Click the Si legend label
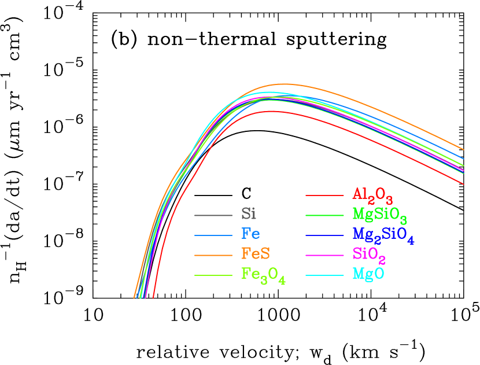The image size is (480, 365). pyautogui.click(x=249, y=214)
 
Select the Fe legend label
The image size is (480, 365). pyautogui.click(x=250, y=234)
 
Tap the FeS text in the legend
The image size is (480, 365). pyautogui.click(x=256, y=253)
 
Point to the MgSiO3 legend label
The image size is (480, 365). pyautogui.click(x=380, y=215)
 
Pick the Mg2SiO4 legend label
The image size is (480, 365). pyautogui.click(x=383, y=235)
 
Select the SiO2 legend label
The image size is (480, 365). pyautogui.click(x=369, y=255)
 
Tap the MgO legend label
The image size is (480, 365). pyautogui.click(x=368, y=274)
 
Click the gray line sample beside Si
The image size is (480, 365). pyautogui.click(x=213, y=216)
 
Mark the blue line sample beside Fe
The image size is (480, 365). pyautogui.click(x=213, y=235)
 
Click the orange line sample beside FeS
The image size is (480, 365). pyautogui.click(x=213, y=255)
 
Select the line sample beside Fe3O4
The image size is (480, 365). pyautogui.click(x=213, y=275)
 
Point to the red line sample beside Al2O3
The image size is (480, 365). pyautogui.click(x=324, y=196)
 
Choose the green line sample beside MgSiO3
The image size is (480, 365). pyautogui.click(x=324, y=215)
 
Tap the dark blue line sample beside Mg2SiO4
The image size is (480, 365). pyautogui.click(x=324, y=235)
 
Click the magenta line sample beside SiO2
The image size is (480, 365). pyautogui.click(x=324, y=255)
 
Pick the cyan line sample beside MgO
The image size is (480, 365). pyautogui.click(x=324, y=275)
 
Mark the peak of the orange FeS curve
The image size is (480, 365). pyautogui.click(x=283, y=84)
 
